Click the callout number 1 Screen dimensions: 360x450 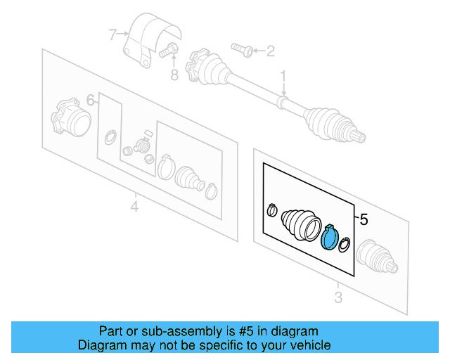click(284, 75)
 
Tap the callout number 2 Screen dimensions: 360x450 click(269, 50)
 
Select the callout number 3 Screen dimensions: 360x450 click(338, 297)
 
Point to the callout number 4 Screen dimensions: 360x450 click(134, 207)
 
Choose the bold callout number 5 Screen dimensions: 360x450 click(364, 220)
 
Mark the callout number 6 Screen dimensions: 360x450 click(90, 101)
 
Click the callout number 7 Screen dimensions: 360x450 click(112, 33)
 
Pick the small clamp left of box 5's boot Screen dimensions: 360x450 click(272, 210)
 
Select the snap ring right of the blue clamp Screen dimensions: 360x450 click(345, 245)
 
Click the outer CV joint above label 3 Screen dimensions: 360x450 click(376, 257)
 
